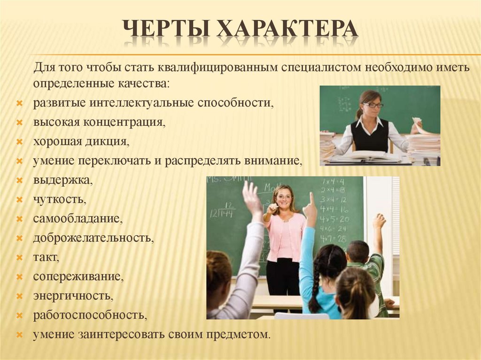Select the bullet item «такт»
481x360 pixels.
click(x=46, y=258)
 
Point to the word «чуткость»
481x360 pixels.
click(x=59, y=199)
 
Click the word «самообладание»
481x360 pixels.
click(x=78, y=219)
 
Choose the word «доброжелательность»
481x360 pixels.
click(x=93, y=238)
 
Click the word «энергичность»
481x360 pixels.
click(x=73, y=296)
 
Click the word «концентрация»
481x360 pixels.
click(x=124, y=123)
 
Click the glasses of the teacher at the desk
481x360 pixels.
click(x=372, y=105)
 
